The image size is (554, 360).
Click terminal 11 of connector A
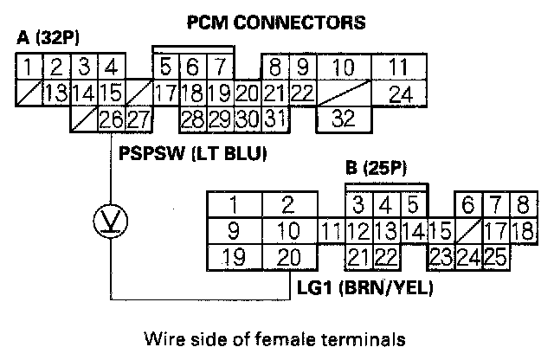click(x=397, y=67)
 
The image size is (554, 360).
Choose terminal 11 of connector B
click(x=330, y=231)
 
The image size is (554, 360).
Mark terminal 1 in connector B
click(x=233, y=205)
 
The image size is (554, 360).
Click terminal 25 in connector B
click(x=495, y=256)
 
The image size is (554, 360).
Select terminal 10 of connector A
click(x=345, y=67)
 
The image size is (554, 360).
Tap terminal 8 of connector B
click(x=523, y=205)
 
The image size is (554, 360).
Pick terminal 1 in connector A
click(x=29, y=67)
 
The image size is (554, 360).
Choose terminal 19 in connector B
click(x=233, y=256)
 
